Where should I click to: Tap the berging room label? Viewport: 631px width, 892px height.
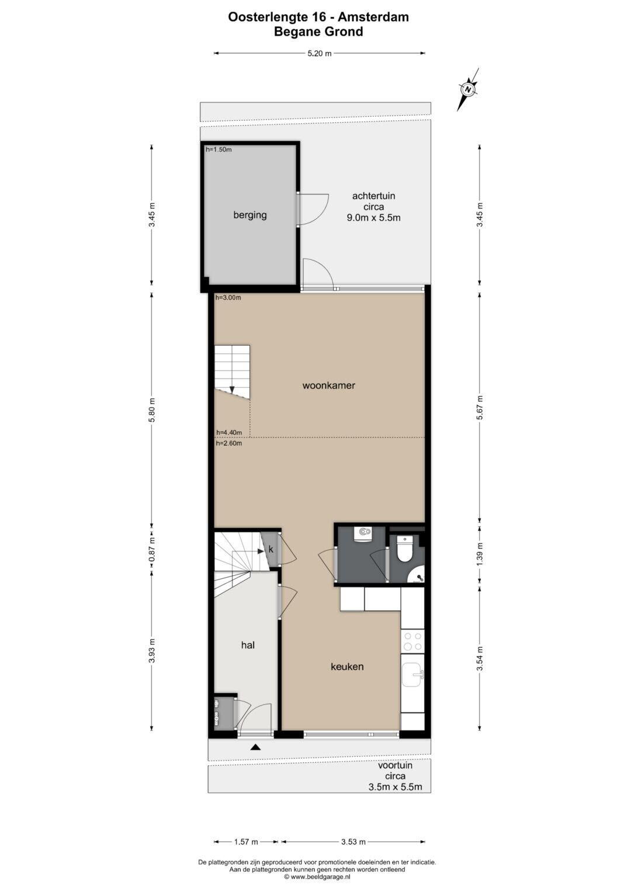coord(250,215)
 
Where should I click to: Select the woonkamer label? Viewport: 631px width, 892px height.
coord(328,386)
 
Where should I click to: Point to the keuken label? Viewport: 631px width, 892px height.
coord(347,667)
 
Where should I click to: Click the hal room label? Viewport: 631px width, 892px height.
coord(247,645)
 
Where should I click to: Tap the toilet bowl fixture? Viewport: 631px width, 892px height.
coord(405,549)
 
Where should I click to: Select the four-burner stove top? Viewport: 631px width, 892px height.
coord(412,641)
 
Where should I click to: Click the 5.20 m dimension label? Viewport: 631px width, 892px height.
coord(320,53)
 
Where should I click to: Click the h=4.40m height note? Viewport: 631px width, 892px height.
coord(229,432)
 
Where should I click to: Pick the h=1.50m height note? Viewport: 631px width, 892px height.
coord(219,150)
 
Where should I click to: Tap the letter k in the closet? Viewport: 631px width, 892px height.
coord(271,550)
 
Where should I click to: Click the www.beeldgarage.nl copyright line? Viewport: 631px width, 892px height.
coord(317,876)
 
